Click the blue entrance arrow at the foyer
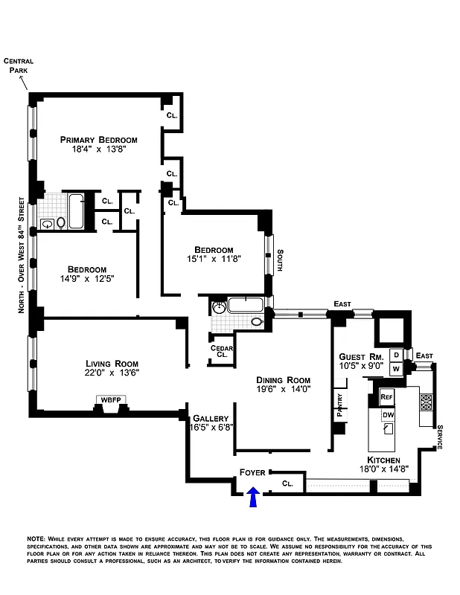[x=253, y=498]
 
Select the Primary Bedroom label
[x=99, y=140]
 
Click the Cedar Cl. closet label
[x=222, y=352]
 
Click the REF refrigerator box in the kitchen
[x=386, y=397]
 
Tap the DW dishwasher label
[x=388, y=414]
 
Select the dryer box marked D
[x=396, y=355]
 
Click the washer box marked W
[x=396, y=368]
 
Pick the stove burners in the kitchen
[x=427, y=402]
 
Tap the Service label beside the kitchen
[x=439, y=437]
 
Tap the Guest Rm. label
[x=360, y=356]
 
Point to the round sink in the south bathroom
[x=220, y=307]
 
